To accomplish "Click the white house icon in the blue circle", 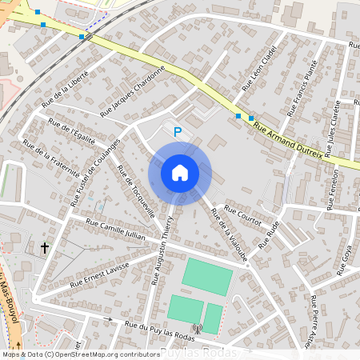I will pyautogui.click(x=180, y=172).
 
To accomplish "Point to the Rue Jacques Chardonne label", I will pyautogui.click(x=132, y=93).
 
